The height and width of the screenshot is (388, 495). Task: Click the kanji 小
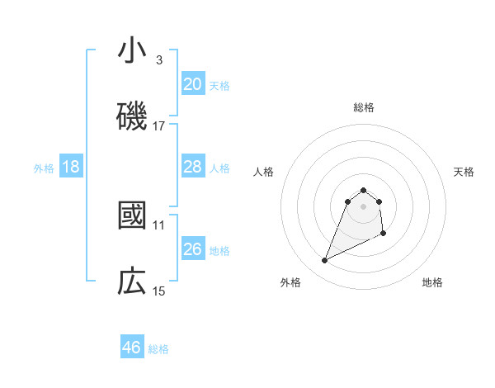coord(132,51)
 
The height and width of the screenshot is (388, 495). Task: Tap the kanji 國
coord(132,216)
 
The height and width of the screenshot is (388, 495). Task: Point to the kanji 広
coord(132,282)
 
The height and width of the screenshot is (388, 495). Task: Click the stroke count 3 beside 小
coord(159,60)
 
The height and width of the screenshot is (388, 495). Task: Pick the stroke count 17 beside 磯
coord(159,126)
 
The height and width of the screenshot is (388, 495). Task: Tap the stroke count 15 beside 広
coord(159,291)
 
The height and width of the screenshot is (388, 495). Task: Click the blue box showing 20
coord(192,84)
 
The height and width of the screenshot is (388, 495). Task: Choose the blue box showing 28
coord(192,167)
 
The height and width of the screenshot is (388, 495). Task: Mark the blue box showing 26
coord(192,249)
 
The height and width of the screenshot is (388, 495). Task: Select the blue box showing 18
coord(71,167)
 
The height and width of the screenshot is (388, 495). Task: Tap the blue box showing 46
coord(132,348)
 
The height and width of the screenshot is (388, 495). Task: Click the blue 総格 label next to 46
coord(158,349)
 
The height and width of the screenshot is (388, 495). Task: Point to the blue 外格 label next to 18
coord(44,168)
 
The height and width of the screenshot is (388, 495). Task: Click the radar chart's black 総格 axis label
coord(364,107)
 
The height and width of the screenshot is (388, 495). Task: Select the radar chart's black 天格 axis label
coord(464,172)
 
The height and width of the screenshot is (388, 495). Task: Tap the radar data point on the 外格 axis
coord(324,261)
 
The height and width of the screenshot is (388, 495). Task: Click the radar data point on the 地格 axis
coord(384,234)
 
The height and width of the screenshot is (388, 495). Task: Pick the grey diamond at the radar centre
coord(363,206)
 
